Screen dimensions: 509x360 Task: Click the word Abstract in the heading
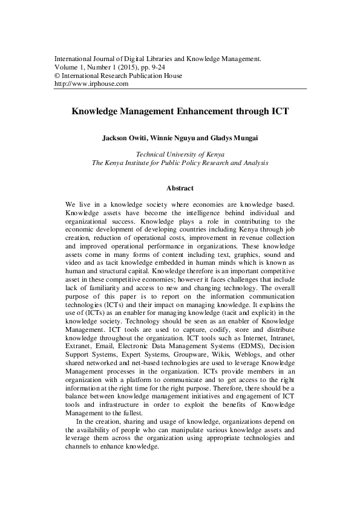point(180,188)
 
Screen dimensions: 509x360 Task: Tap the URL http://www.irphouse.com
point(91,84)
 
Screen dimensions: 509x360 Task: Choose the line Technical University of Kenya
point(180,154)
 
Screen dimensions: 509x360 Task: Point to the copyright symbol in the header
point(57,76)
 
